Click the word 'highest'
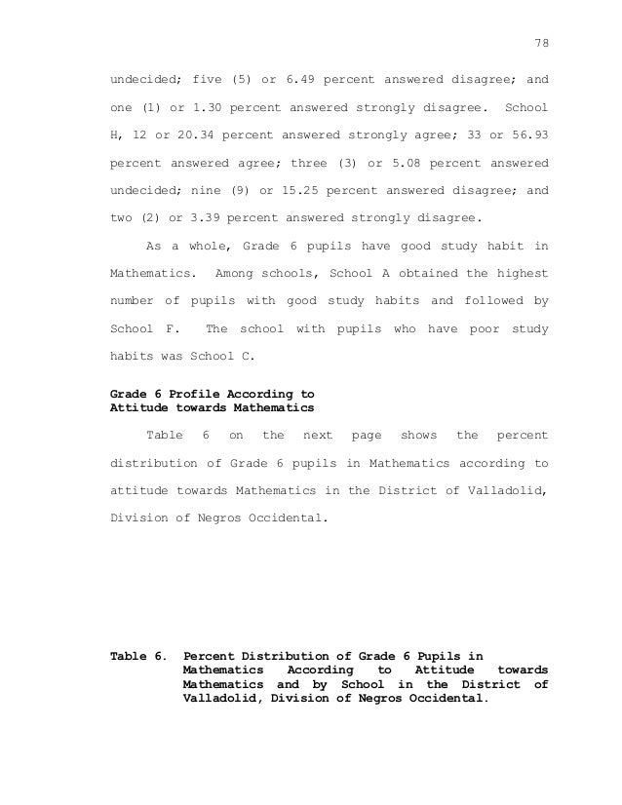521,274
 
